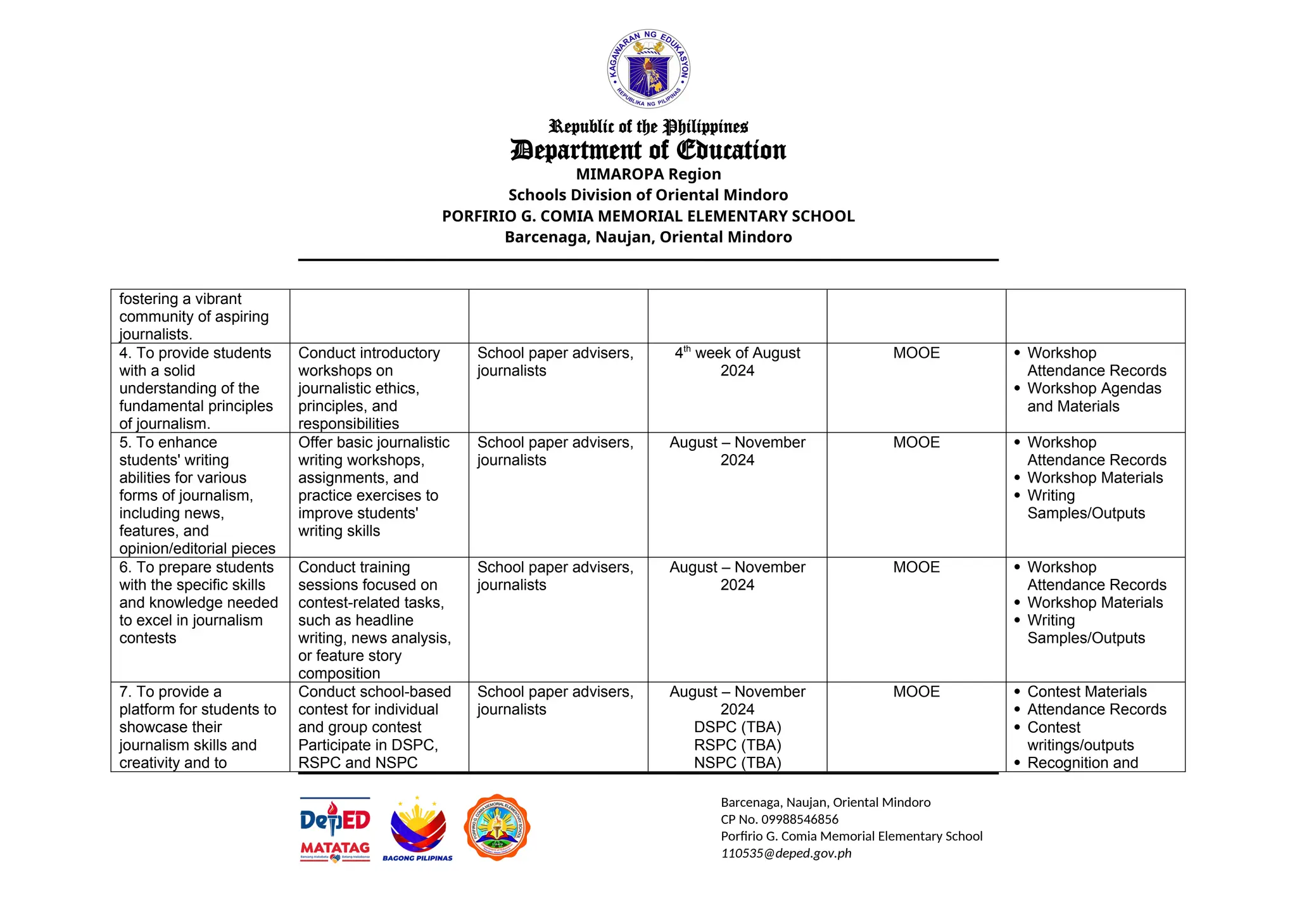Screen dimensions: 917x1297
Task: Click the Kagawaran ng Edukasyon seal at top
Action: point(648,68)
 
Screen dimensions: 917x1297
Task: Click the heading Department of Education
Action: point(648,151)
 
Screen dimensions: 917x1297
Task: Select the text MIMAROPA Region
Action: point(648,174)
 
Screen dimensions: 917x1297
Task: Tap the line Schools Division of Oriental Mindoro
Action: point(648,195)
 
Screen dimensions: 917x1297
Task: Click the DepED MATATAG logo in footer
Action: point(335,829)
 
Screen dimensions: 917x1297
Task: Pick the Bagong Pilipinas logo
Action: point(417,829)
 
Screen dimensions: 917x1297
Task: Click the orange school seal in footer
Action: point(497,827)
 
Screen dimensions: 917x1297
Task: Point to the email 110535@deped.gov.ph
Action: point(786,854)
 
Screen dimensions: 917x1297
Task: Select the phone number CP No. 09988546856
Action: point(779,819)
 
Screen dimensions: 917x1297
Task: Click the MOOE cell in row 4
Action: point(916,353)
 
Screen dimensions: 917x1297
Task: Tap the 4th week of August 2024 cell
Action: point(737,362)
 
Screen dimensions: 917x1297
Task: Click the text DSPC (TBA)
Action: point(737,727)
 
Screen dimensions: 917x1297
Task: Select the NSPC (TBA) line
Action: point(737,762)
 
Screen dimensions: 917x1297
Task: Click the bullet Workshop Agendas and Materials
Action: point(1094,397)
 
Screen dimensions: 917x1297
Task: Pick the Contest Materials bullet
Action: point(1087,692)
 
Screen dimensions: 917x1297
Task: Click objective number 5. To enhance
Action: point(168,443)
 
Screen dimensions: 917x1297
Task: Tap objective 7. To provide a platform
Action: point(198,726)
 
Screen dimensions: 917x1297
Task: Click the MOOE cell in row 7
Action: point(916,692)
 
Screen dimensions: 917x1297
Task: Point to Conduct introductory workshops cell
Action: point(369,388)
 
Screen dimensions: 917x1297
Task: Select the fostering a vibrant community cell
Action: point(194,317)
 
